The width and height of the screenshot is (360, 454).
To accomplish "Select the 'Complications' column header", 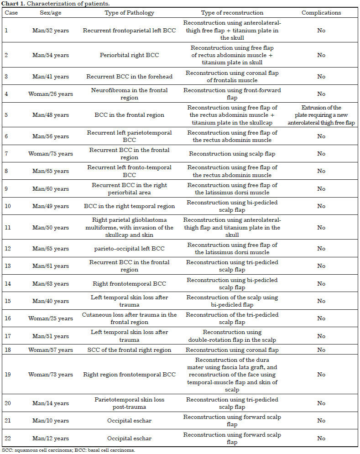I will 321,13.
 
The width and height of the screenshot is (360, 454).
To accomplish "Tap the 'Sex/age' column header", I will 52,13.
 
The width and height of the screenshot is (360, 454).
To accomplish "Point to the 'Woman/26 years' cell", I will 52,94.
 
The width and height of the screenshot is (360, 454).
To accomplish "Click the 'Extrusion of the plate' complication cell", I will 321,115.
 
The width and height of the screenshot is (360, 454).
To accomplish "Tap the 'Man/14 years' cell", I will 52,403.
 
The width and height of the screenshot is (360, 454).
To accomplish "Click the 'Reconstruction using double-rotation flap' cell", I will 232,336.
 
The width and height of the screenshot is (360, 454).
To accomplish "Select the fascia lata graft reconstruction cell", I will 232,375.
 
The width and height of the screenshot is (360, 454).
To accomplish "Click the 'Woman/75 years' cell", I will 52,154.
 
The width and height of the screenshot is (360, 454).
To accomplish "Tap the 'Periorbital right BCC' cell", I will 129,55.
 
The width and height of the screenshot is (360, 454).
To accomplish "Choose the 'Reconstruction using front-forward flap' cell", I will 232,94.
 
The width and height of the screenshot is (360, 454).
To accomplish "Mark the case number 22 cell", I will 7,438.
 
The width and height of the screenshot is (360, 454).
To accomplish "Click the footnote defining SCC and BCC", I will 68,450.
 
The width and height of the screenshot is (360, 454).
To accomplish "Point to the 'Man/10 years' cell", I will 52,421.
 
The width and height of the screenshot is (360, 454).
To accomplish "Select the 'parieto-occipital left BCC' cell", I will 129,249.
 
